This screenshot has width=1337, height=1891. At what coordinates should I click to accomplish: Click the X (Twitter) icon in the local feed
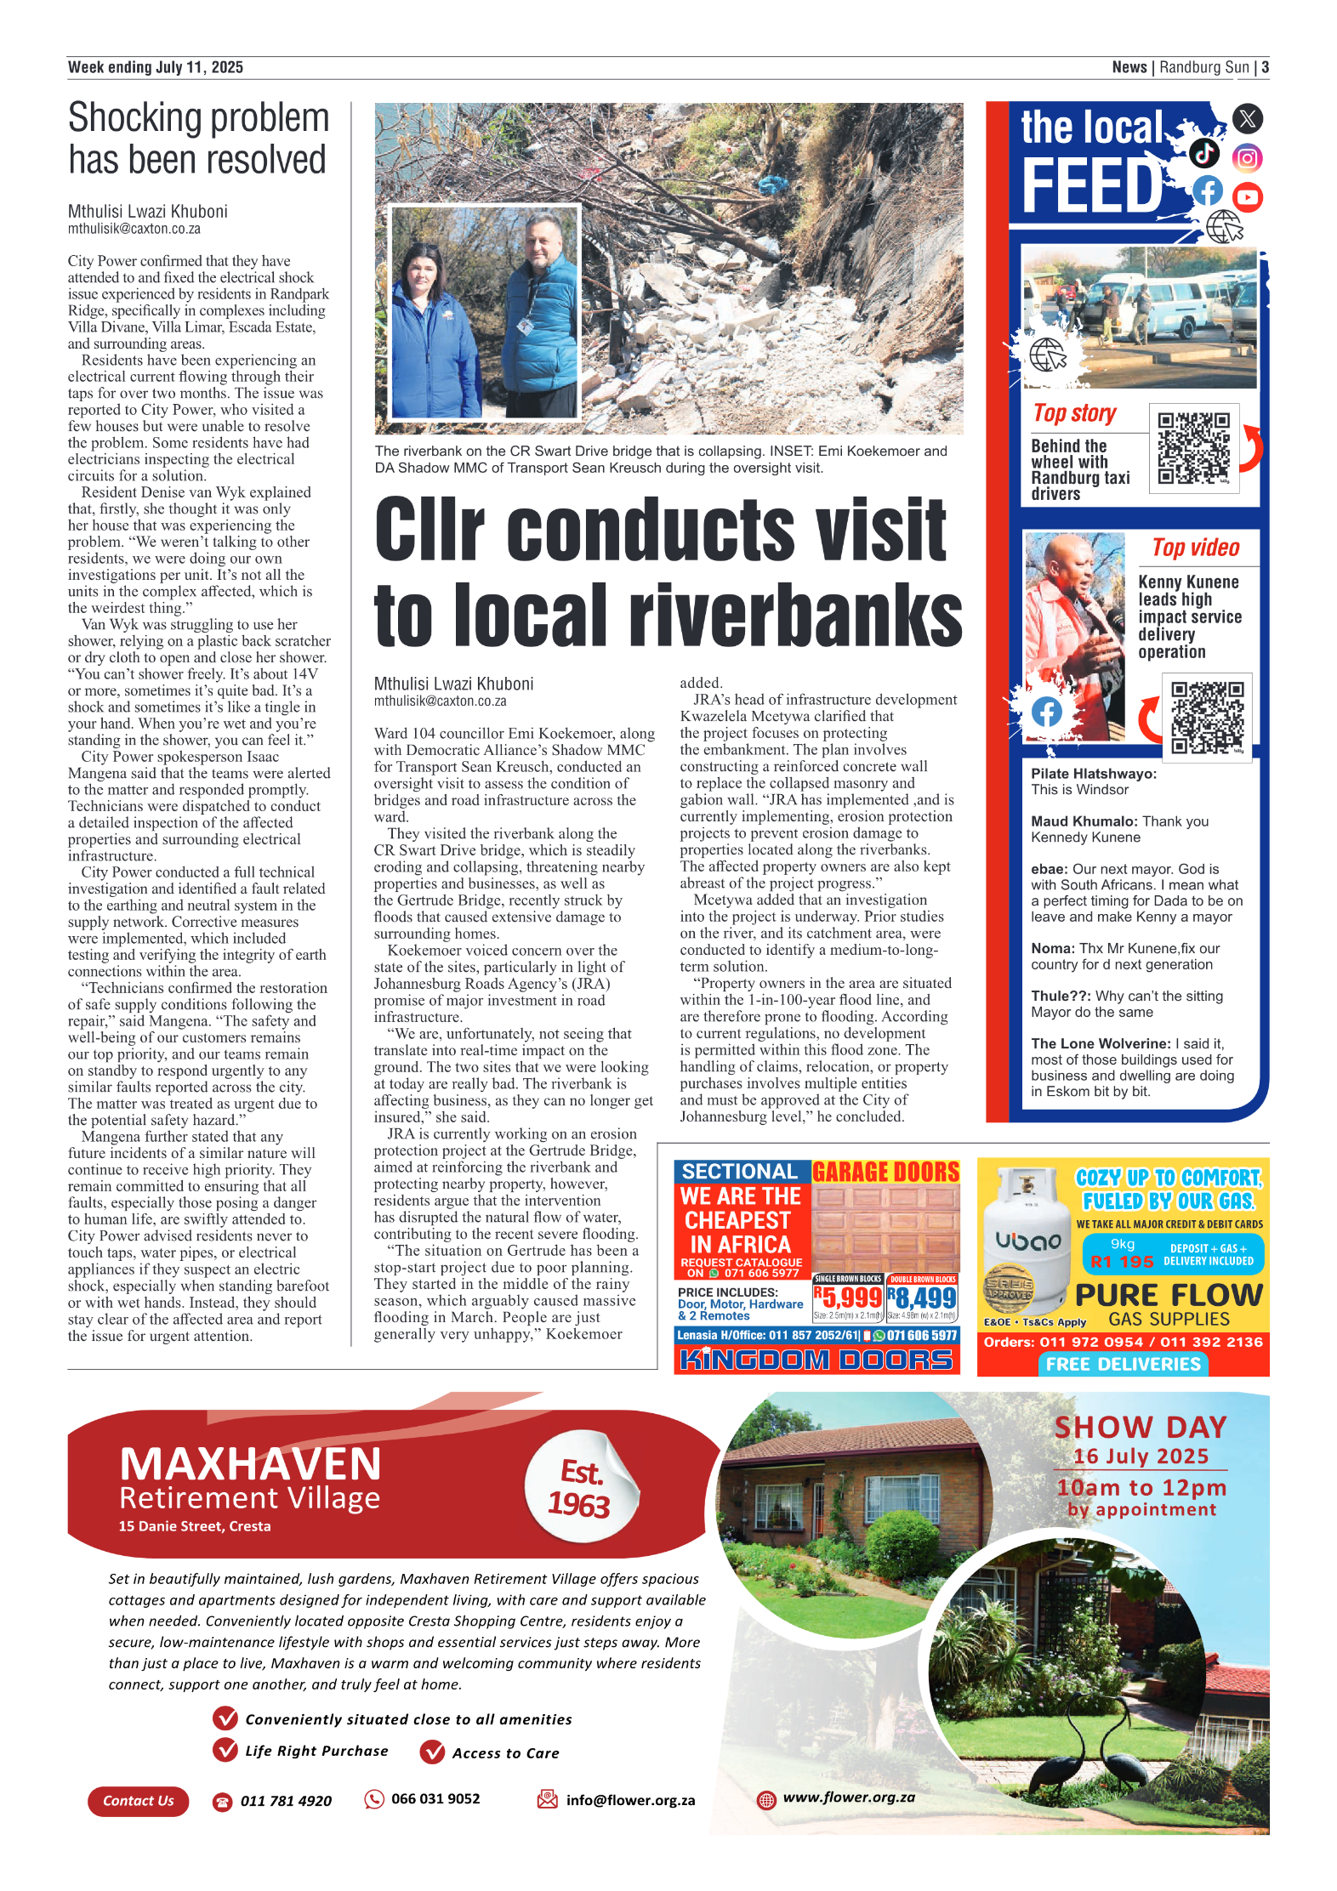click(1247, 118)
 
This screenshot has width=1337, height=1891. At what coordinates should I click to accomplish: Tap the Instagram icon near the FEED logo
click(1247, 158)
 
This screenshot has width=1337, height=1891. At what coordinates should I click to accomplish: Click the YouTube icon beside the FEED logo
click(1247, 197)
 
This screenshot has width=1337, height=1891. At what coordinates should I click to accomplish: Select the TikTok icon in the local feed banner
click(1203, 153)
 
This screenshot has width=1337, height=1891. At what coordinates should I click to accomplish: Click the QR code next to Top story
click(1193, 448)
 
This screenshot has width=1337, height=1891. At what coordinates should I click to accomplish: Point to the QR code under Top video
click(1206, 717)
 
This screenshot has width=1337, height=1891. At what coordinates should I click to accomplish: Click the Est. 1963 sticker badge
click(580, 1488)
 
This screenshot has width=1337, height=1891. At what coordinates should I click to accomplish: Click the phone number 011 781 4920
click(286, 1801)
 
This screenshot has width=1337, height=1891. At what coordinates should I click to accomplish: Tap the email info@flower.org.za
click(630, 1800)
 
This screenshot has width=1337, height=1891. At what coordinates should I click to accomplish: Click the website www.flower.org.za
click(848, 1797)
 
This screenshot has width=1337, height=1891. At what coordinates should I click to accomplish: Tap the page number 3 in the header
click(1265, 67)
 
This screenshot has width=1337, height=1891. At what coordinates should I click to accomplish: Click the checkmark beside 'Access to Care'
click(433, 1752)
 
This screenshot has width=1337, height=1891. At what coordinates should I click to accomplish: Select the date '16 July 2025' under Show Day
click(1140, 1457)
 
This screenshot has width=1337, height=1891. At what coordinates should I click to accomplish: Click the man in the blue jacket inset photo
click(539, 315)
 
